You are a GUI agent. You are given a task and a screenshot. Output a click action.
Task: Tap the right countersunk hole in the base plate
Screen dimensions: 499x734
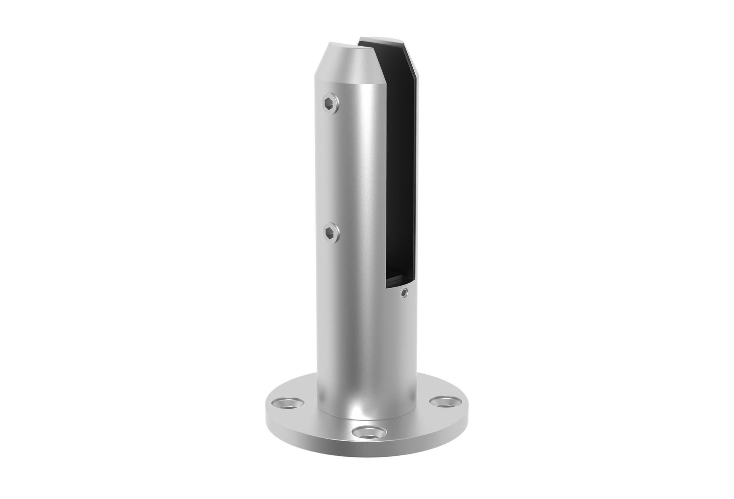[x=445, y=402]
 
